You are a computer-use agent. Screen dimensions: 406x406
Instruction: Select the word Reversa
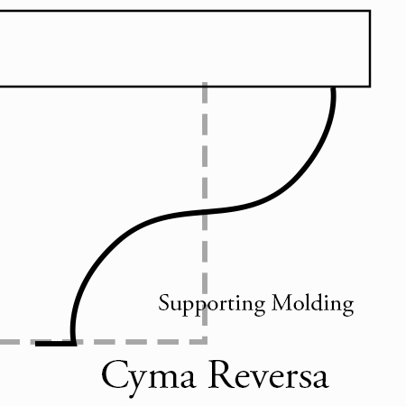point(269,374)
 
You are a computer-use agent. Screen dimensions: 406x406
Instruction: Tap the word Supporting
point(212,305)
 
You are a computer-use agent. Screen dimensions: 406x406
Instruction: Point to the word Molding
point(313,305)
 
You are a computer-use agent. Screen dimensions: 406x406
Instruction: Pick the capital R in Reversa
point(221,374)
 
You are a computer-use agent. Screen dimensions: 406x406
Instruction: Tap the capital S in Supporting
point(164,303)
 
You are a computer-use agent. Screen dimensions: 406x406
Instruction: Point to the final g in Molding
point(348,308)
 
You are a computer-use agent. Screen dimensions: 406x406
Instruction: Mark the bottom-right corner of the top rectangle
point(370,87)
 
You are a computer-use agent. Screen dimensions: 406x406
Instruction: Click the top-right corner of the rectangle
point(370,11)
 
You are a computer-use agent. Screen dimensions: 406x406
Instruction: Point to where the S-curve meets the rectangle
point(334,88)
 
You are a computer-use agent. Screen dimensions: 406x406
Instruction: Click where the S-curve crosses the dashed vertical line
point(205,212)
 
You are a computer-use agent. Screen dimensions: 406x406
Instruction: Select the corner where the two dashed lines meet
point(205,342)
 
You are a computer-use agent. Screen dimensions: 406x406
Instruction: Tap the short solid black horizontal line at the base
point(56,343)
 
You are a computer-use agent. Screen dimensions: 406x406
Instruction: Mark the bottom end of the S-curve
point(73,342)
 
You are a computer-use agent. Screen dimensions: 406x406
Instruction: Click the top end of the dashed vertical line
point(205,83)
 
